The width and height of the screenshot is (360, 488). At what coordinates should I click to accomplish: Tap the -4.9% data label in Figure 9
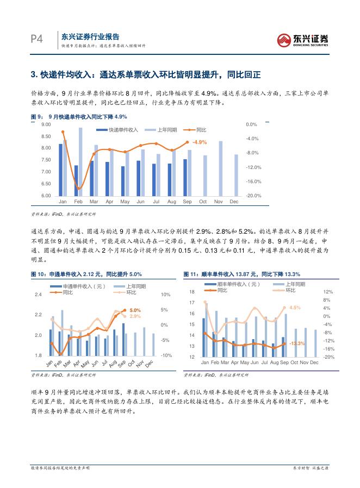pos(200,142)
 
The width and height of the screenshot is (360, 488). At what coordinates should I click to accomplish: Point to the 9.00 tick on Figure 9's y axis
pos(46,125)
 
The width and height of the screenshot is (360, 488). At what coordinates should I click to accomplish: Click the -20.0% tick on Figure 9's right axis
pos(253,196)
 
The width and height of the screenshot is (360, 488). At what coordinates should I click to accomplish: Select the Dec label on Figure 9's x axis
pos(234,202)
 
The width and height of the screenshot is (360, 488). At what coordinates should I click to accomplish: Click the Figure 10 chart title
pos(88,274)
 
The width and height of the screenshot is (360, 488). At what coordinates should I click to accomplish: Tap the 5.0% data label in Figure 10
pos(135,310)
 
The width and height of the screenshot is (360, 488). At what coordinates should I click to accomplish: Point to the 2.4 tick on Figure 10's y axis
pos(38,295)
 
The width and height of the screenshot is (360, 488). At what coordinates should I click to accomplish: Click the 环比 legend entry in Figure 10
pos(131,292)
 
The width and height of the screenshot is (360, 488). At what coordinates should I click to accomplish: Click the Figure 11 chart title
pos(249,274)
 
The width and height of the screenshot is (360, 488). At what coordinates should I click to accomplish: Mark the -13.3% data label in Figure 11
pos(297,344)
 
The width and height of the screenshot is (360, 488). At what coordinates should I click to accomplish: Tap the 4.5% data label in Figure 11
pos(295,308)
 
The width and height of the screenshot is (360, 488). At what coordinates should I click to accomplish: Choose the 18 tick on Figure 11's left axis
pos(191,292)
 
